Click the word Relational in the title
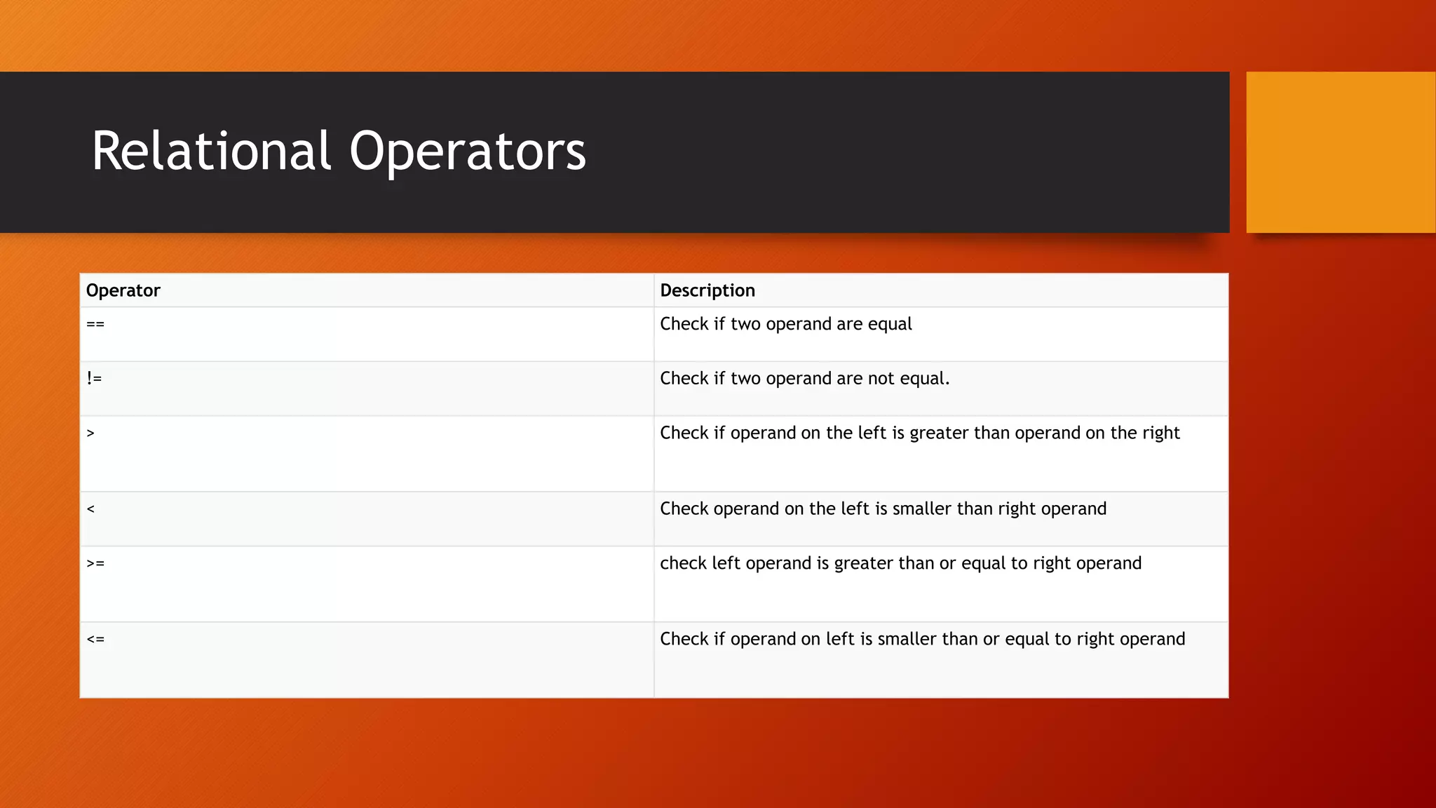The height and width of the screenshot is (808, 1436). (x=210, y=151)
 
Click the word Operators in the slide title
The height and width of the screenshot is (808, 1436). (x=467, y=151)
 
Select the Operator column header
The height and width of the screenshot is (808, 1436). (x=123, y=290)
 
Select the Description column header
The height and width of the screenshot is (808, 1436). (x=707, y=290)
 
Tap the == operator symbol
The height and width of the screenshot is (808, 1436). (x=95, y=324)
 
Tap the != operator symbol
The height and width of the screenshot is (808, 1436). (x=94, y=379)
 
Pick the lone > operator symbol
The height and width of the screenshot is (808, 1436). (x=90, y=433)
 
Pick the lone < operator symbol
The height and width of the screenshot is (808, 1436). (x=90, y=509)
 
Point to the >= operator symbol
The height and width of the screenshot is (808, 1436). (x=95, y=564)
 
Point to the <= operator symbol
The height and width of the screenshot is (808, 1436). (x=95, y=640)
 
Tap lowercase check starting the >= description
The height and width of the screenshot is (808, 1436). (x=683, y=564)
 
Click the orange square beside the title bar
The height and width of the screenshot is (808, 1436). (x=1340, y=152)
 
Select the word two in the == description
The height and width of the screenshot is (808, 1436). (x=745, y=324)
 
